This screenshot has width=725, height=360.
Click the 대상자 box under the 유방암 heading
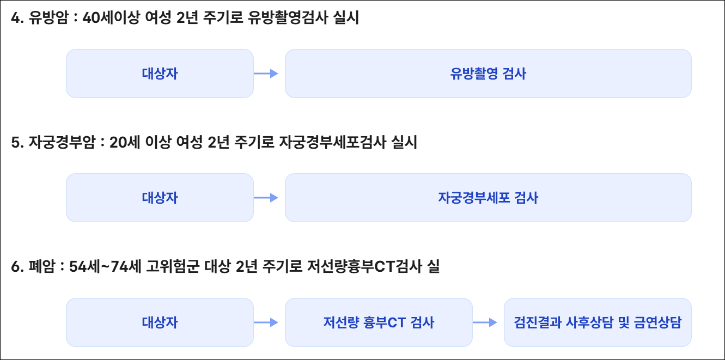(x=160, y=74)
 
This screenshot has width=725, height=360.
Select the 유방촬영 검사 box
(x=488, y=74)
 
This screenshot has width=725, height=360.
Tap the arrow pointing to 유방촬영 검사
(x=266, y=74)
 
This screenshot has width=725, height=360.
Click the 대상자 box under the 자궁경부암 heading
(x=160, y=198)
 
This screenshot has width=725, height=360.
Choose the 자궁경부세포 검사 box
(x=488, y=198)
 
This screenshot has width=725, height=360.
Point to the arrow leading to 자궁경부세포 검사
(x=266, y=198)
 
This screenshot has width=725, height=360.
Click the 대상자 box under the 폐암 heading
(x=160, y=322)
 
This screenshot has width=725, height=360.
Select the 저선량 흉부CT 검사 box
(x=379, y=322)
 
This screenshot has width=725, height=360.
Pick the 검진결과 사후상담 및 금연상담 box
(x=598, y=322)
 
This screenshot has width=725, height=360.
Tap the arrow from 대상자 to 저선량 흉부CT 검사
(x=266, y=322)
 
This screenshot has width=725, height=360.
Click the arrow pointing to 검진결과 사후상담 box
(x=485, y=322)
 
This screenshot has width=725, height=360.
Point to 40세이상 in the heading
(x=109, y=19)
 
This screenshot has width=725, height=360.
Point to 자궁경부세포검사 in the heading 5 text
(x=332, y=143)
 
